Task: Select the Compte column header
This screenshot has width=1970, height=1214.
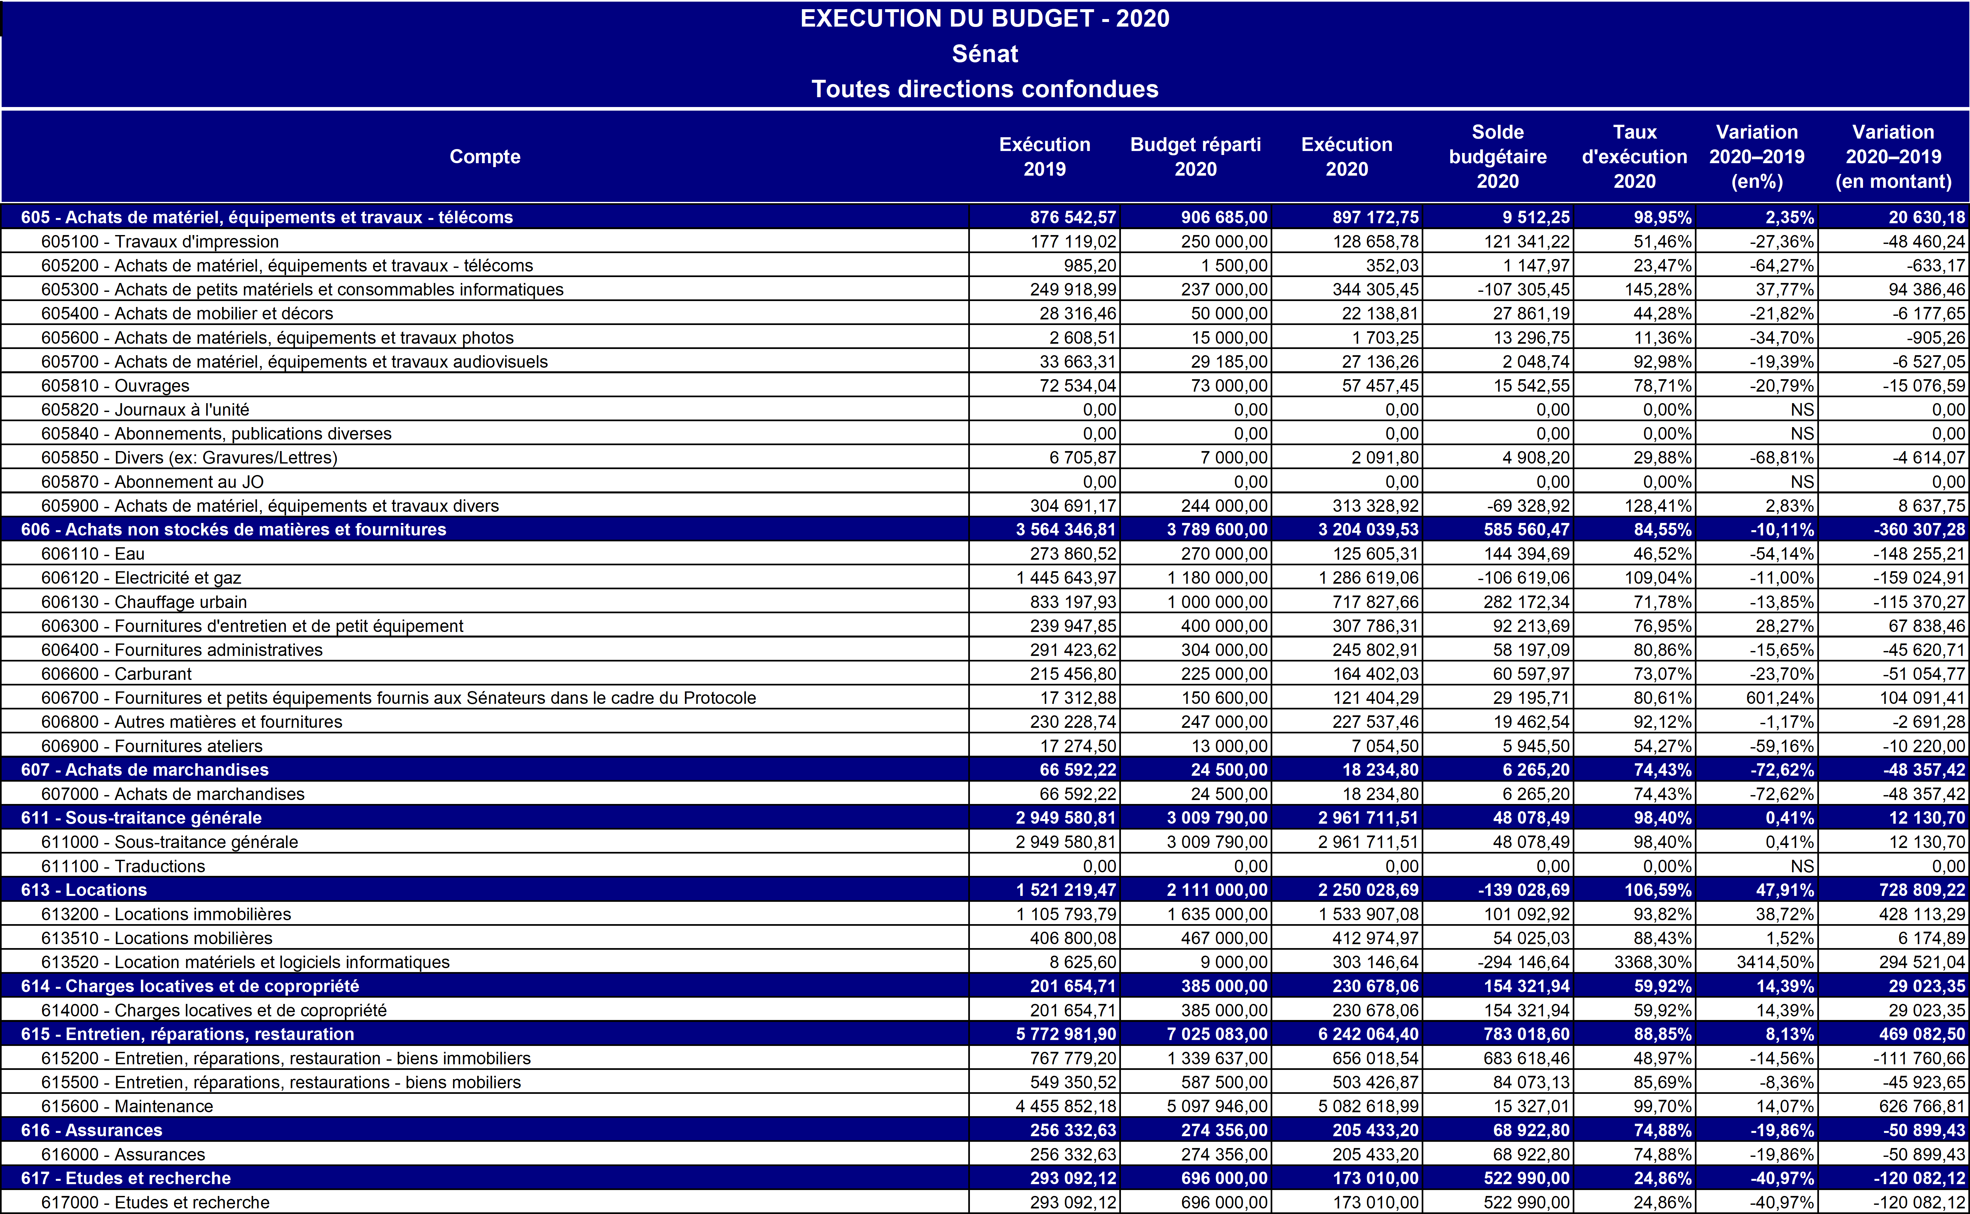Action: (x=485, y=157)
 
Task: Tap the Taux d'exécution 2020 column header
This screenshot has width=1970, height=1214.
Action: (x=1634, y=157)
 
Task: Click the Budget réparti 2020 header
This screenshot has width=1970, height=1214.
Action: (x=1195, y=157)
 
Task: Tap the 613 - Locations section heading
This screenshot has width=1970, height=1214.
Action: (x=84, y=890)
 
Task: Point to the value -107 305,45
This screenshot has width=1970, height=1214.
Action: (x=1523, y=289)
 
